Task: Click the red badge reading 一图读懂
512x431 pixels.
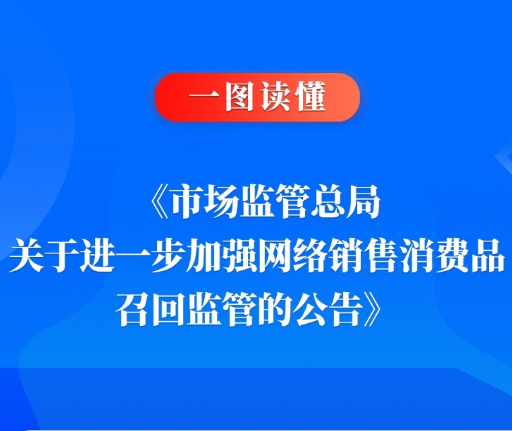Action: (x=257, y=97)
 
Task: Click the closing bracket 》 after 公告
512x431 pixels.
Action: (x=373, y=310)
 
